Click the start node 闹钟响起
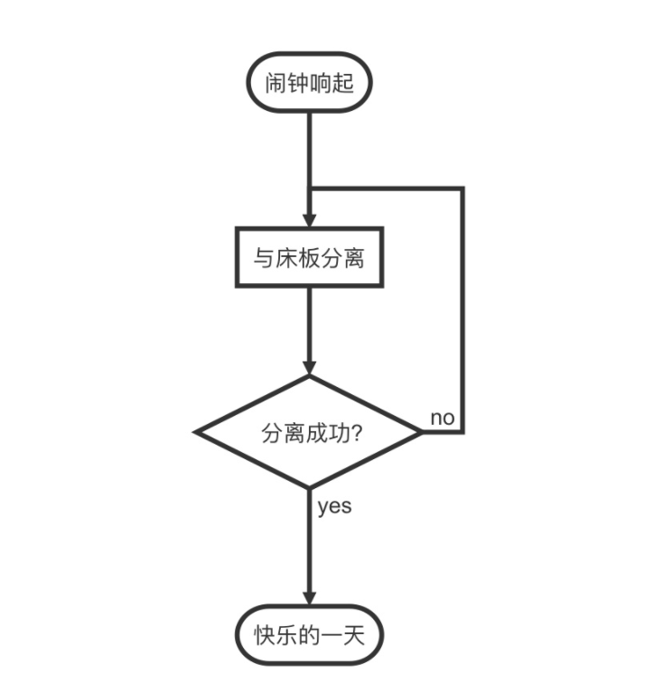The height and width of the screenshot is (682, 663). [309, 86]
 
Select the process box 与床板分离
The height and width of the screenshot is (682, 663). [309, 258]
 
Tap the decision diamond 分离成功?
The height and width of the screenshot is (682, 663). [309, 433]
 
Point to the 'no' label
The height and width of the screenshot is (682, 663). [442, 418]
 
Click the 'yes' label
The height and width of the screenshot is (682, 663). [334, 507]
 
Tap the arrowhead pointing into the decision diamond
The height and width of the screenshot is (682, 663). [309, 367]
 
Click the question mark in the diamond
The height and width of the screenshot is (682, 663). [357, 433]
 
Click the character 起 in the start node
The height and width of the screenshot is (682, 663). [355, 86]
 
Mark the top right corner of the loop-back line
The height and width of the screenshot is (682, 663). [462, 189]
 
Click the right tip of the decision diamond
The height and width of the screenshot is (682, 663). [421, 433]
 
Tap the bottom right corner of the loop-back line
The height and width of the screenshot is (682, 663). [462, 433]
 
